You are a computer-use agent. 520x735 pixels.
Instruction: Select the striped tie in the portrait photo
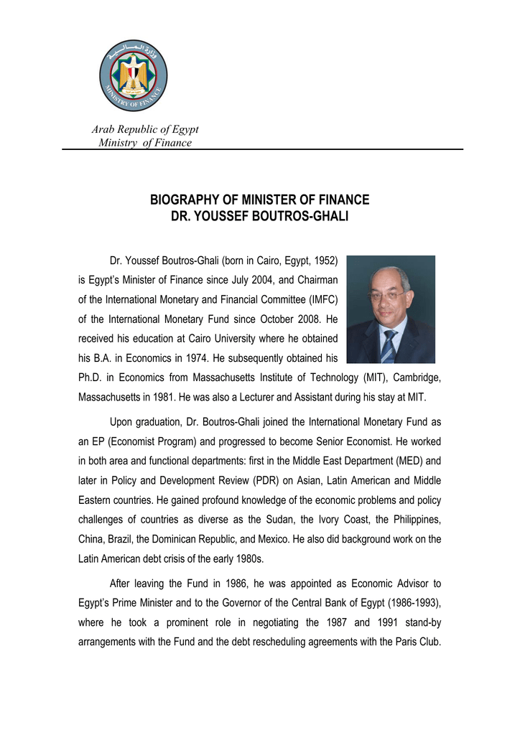(x=389, y=345)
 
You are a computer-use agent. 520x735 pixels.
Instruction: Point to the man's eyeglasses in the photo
(x=386, y=294)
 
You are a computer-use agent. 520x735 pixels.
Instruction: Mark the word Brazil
(x=122, y=538)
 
